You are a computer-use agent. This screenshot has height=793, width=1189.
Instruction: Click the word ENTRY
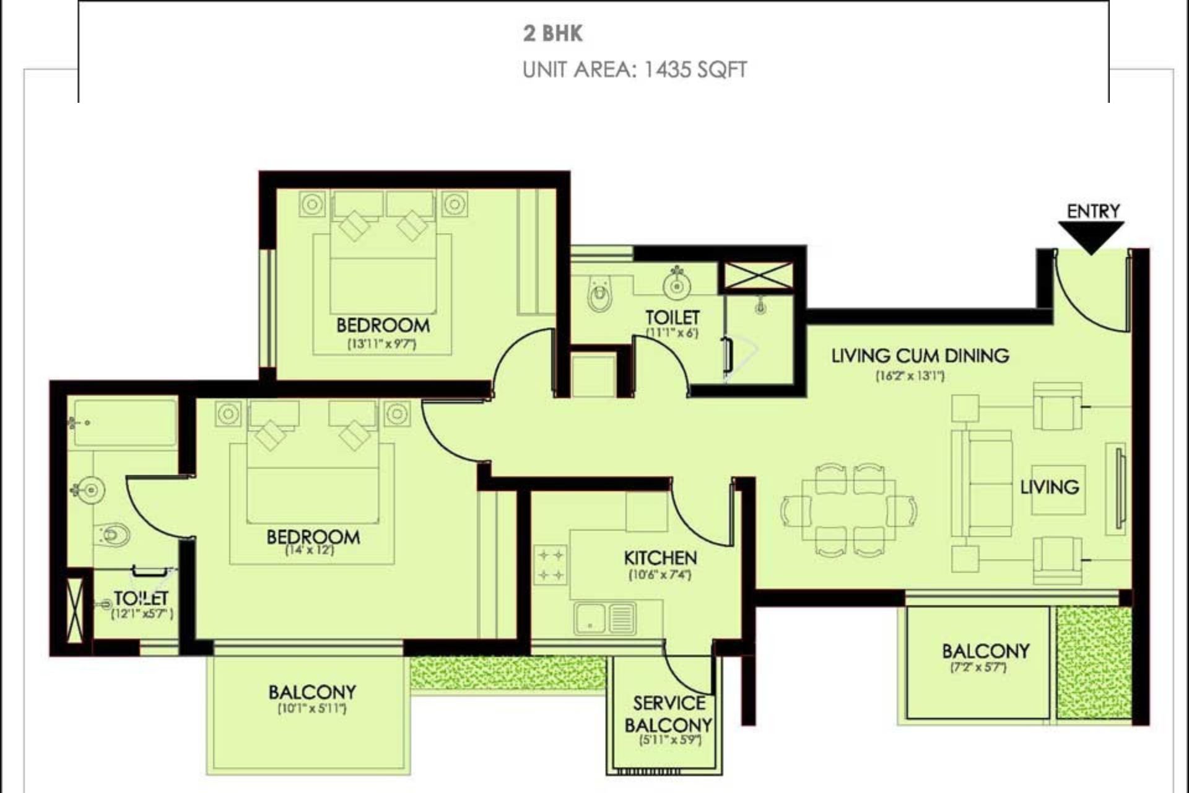[x=1093, y=211]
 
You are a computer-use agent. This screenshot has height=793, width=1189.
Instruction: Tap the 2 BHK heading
[x=552, y=33]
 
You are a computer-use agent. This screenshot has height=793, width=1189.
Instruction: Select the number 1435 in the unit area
[x=668, y=69]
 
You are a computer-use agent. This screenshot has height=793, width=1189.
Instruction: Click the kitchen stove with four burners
[x=551, y=564]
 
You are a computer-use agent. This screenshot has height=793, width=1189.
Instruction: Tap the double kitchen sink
[x=604, y=618]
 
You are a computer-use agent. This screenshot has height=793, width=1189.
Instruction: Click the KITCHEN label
[x=660, y=558]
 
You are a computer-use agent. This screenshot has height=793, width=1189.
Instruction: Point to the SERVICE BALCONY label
[x=668, y=714]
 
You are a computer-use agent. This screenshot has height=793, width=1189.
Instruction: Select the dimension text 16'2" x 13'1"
[x=910, y=375]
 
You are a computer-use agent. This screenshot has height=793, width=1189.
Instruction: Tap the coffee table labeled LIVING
[x=1058, y=489]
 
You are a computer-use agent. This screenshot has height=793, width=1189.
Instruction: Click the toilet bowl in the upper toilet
[x=599, y=297]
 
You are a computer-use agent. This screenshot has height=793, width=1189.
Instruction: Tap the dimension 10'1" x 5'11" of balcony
[x=312, y=708]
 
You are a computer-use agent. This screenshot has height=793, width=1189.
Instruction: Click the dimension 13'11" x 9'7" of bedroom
[x=382, y=344]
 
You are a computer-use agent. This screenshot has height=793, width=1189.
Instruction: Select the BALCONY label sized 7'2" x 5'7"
[x=985, y=651]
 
